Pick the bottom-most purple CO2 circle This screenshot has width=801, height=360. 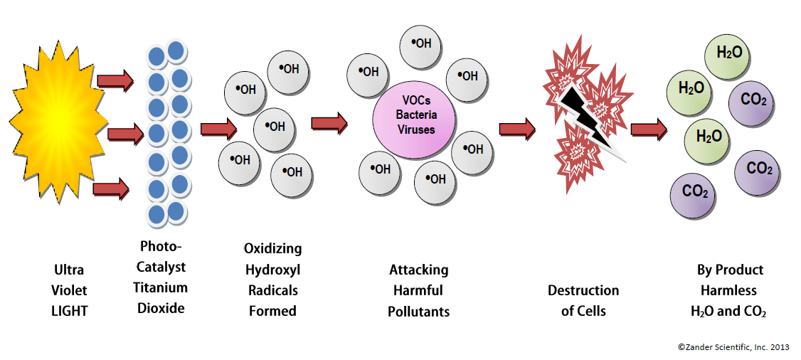(x=694, y=191)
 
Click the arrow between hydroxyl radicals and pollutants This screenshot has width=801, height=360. (x=329, y=122)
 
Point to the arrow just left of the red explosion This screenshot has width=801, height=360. (x=517, y=128)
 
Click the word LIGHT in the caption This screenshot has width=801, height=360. (x=69, y=311)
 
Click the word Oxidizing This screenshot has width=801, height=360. (x=272, y=249)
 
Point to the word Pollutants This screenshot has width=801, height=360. (x=418, y=312)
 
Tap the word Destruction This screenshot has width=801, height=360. (x=583, y=290)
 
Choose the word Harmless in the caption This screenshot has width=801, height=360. (x=728, y=290)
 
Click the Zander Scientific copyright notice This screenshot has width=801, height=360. (x=733, y=346)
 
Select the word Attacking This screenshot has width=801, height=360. (x=418, y=270)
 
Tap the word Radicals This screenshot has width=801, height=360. (x=272, y=290)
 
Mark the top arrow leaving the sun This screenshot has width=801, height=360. (x=115, y=80)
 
